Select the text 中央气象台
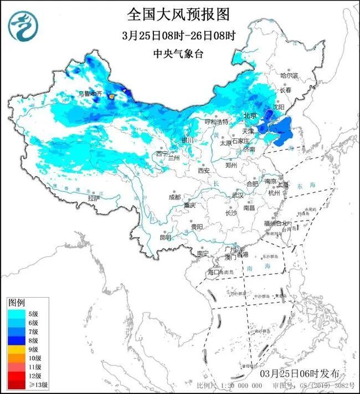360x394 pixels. coord(178,54)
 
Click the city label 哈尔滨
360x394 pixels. coord(288,75)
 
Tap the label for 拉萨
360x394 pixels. coord(94,198)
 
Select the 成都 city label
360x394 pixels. coord(174,197)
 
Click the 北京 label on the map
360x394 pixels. coord(250,116)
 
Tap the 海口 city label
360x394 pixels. coord(213,273)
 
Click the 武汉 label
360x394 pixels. coord(237,196)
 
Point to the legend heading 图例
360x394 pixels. coord(17,303)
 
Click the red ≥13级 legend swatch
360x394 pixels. coord(17,384)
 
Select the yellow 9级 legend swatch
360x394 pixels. coord(17,350)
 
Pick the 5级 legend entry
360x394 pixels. coord(25,314)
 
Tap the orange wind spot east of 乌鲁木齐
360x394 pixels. coord(112,96)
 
